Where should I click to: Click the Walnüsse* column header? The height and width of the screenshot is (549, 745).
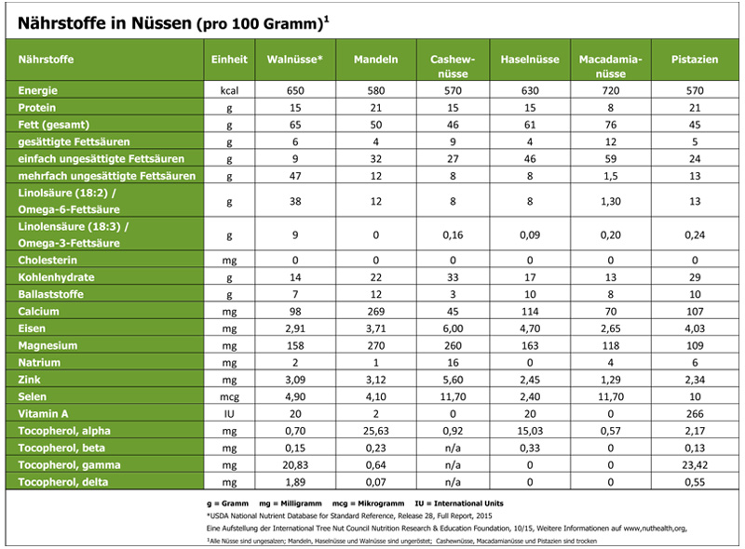tap(294, 60)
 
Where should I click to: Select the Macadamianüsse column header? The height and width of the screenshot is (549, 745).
tap(611, 66)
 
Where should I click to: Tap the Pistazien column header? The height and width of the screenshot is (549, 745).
tap(695, 60)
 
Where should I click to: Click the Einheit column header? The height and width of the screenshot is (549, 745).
tap(229, 60)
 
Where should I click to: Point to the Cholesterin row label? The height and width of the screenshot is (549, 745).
tap(47, 261)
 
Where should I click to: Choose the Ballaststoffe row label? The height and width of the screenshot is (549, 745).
tap(51, 294)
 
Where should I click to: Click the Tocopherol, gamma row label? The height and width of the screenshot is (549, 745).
tap(69, 465)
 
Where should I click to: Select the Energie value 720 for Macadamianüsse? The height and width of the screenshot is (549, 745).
tap(611, 90)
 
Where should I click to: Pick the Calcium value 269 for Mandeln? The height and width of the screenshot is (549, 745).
tap(376, 312)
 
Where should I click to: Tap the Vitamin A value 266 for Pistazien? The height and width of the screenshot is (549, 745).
tap(695, 414)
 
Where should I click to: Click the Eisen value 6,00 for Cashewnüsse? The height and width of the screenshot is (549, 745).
tap(453, 328)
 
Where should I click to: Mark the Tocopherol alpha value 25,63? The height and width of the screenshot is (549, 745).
tap(376, 431)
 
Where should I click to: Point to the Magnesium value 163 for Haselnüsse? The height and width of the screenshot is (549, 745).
tap(530, 346)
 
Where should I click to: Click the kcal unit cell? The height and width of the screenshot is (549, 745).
tap(229, 90)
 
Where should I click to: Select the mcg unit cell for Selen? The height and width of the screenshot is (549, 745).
tap(229, 397)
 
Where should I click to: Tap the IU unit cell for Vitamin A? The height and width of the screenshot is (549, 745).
tap(229, 414)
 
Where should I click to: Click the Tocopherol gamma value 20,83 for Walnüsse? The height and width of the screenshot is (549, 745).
tap(295, 465)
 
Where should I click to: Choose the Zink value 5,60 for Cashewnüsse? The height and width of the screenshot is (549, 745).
tap(453, 380)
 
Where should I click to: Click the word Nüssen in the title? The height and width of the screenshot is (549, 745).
tap(161, 22)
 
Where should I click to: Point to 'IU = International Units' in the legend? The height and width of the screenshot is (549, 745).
tap(459, 503)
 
